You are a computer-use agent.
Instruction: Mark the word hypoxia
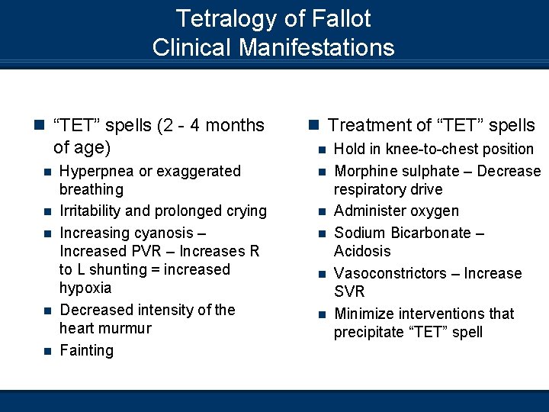pos(85,288)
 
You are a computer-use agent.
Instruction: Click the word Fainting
pos(86,350)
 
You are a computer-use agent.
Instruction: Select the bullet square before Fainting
pos(47,351)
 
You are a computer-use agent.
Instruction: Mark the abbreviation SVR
pos(349,291)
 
